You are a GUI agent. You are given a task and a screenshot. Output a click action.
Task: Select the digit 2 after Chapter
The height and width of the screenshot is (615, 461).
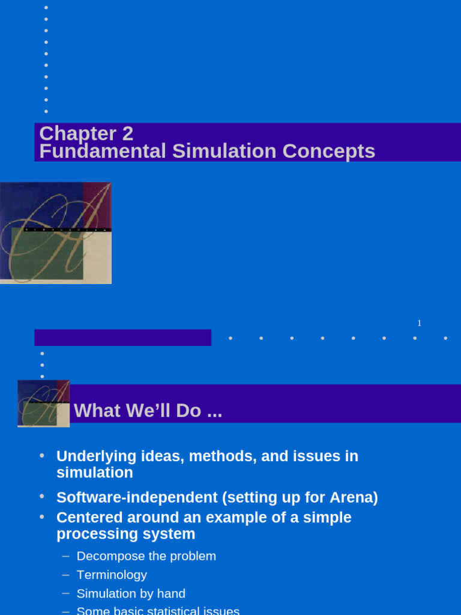pos(127,133)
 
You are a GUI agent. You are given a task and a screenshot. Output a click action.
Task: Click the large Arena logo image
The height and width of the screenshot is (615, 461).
pos(55,233)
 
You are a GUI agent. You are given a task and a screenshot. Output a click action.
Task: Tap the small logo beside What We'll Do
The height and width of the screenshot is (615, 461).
pos(43,404)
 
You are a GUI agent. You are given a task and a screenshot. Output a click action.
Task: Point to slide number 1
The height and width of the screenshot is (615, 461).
pos(420,323)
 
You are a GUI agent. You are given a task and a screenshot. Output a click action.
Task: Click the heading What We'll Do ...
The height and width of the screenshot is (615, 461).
pos(148,411)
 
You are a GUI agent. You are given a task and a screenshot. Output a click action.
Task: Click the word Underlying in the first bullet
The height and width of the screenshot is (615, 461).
pos(89,456)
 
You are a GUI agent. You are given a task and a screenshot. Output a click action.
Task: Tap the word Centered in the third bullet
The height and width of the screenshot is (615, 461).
pos(86,518)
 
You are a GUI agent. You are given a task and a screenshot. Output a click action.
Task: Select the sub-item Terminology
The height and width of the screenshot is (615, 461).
pos(112,575)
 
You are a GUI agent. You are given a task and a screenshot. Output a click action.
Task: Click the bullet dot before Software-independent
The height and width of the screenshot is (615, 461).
pos(42,497)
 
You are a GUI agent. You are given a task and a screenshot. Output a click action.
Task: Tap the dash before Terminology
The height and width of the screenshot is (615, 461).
pos(65,575)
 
